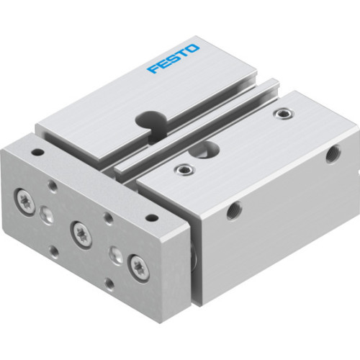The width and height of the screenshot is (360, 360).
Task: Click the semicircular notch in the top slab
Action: [x=153, y=118]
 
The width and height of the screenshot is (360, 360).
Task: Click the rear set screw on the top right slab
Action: [x=286, y=112]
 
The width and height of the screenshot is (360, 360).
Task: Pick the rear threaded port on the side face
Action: [x=332, y=153]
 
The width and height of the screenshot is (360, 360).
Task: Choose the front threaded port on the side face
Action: [x=234, y=211]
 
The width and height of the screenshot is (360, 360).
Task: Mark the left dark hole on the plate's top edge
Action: [x=38, y=153]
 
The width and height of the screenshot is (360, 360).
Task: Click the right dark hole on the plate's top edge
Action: [x=152, y=217]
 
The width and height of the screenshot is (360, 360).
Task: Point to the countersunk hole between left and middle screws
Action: [x=48, y=214]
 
